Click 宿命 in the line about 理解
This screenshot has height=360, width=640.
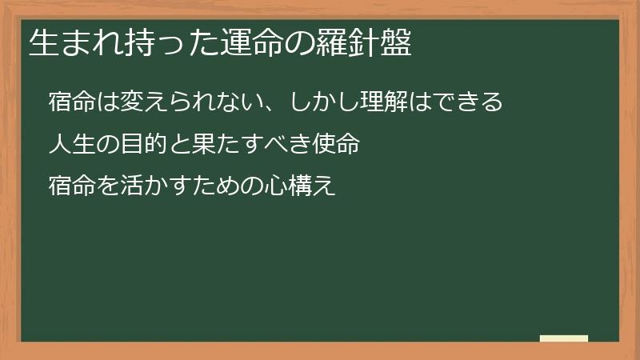pos(70,102)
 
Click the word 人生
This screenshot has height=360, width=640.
pos(70,145)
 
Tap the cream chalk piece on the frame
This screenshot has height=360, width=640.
pos(564,338)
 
